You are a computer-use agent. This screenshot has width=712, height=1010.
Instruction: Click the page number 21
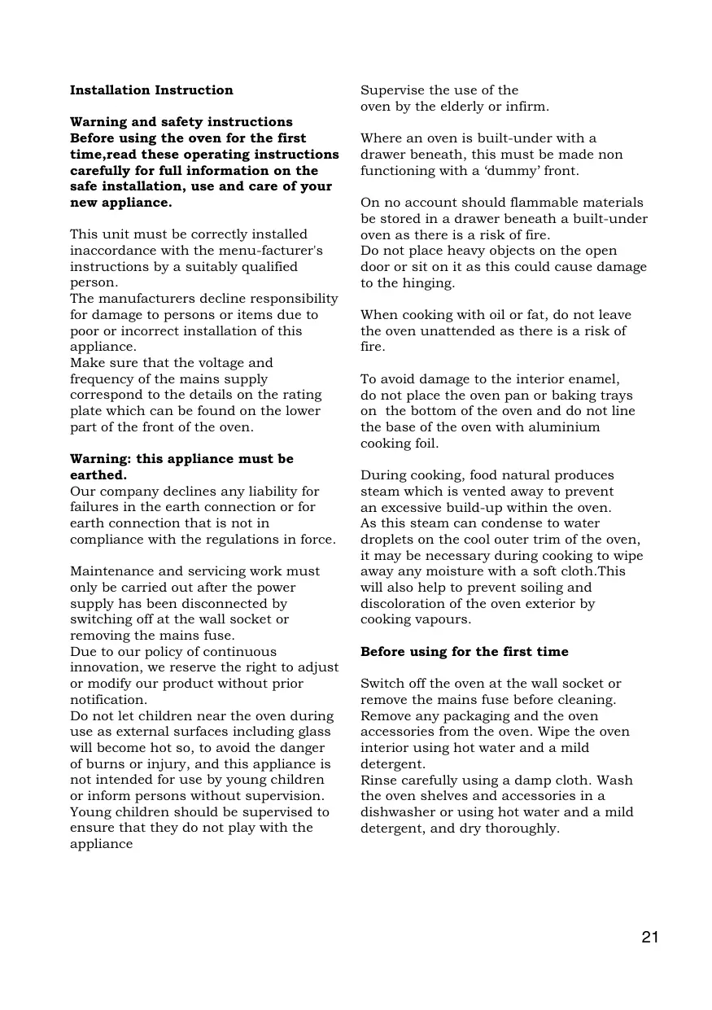(649, 938)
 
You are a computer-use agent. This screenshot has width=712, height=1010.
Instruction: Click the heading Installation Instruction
(151, 90)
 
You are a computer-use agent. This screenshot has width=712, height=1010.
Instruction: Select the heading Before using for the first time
(464, 652)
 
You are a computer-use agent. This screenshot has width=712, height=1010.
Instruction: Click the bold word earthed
(98, 475)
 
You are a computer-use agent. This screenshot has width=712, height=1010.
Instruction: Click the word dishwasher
(397, 812)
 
